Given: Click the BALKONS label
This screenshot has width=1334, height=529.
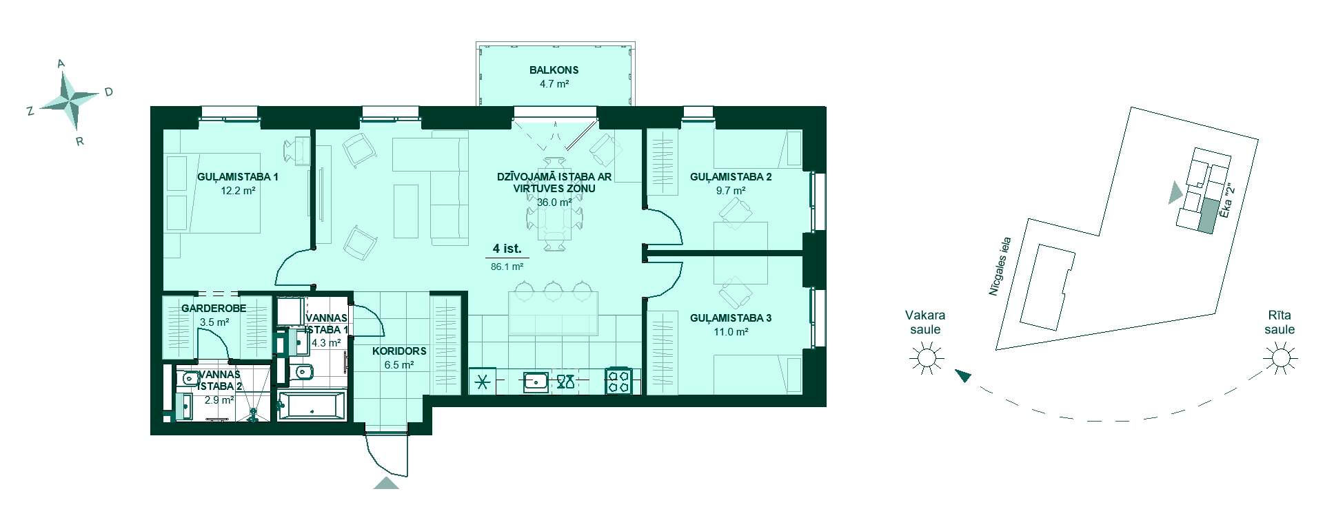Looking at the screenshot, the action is (554, 70).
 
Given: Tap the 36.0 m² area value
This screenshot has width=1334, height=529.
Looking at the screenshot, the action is (554, 203).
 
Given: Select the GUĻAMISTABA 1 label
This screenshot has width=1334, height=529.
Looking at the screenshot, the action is (238, 177).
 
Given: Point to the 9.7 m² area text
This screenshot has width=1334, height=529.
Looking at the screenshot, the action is (731, 191).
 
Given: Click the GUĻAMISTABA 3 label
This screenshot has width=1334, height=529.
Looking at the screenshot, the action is (731, 318).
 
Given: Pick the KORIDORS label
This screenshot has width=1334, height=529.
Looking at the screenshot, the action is (399, 351).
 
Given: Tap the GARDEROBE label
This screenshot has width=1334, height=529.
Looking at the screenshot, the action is (214, 309).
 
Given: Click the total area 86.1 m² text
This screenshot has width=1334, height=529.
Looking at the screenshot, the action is (507, 267).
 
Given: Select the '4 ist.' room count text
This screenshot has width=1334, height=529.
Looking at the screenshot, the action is (507, 249).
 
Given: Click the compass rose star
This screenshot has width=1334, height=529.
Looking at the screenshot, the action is (70, 101).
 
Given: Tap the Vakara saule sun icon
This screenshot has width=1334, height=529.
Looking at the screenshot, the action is (925, 358).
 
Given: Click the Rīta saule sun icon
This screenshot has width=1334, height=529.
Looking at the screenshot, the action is (1280, 358).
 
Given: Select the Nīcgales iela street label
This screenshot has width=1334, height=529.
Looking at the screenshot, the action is (1000, 267).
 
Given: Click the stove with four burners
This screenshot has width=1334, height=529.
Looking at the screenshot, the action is (618, 381).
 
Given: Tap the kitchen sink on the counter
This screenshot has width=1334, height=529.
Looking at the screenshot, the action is (536, 381).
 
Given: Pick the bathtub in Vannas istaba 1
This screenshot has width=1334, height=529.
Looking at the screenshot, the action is (312, 405).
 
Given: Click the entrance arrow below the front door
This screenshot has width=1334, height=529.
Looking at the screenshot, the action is (387, 482).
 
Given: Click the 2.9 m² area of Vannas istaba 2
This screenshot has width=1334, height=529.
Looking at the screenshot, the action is (219, 400).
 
